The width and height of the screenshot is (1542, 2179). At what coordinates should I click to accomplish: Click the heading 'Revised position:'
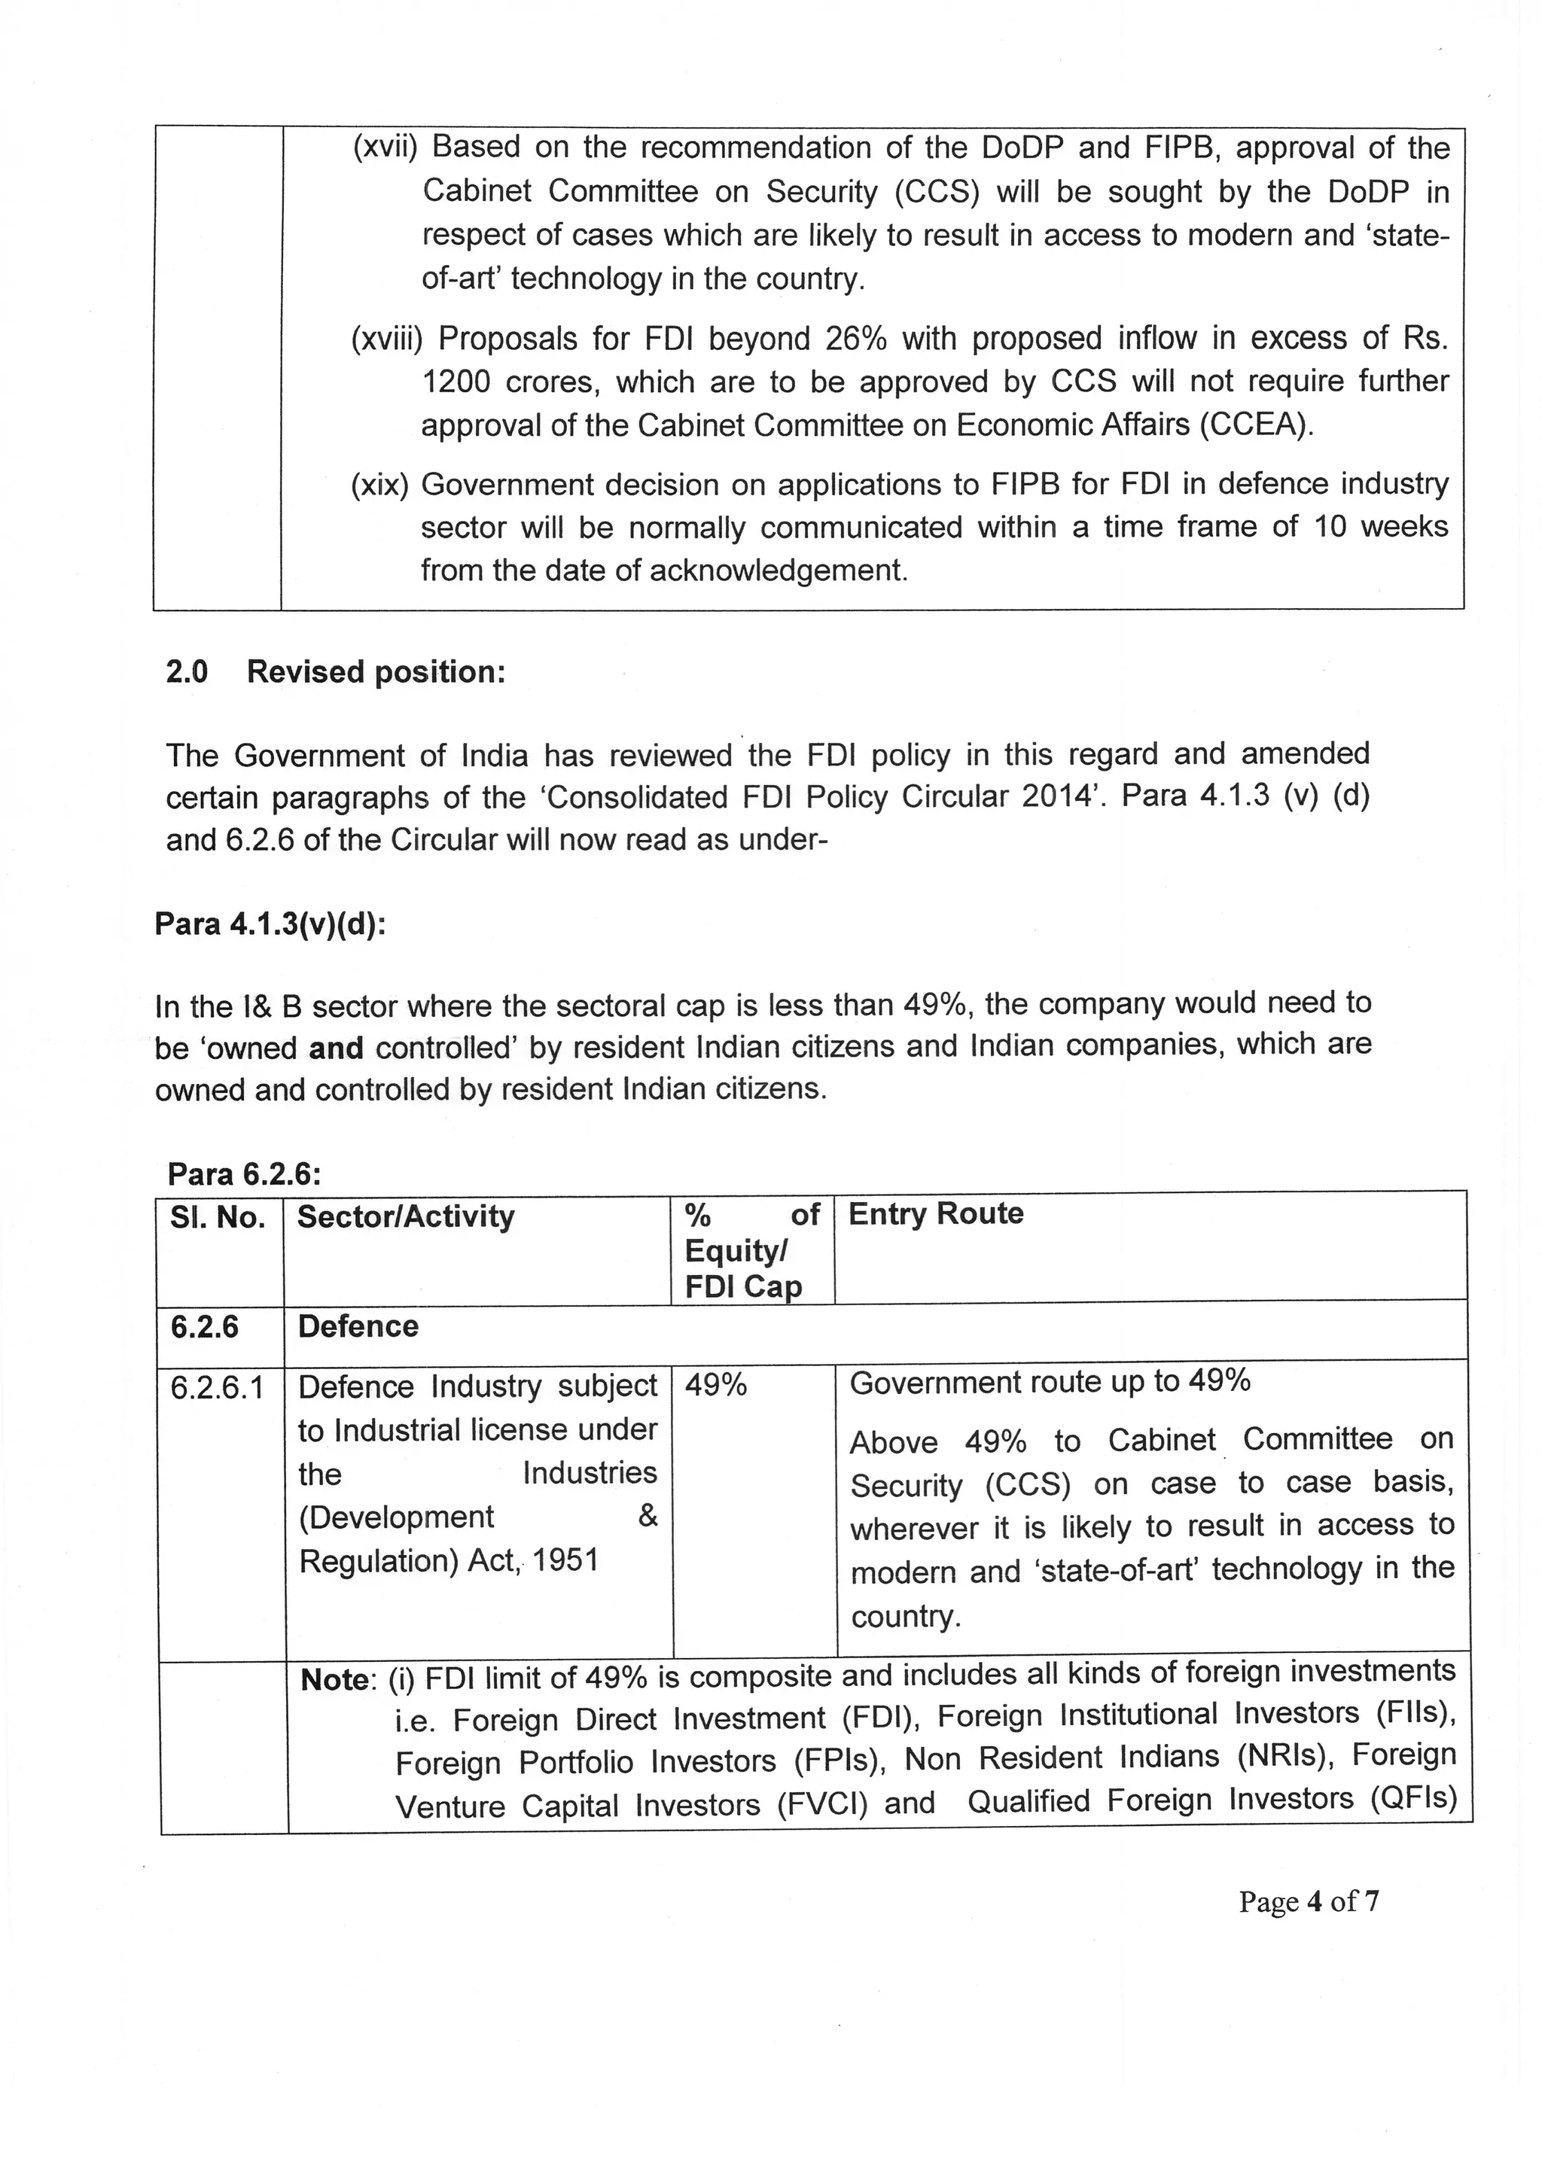pyautogui.click(x=376, y=672)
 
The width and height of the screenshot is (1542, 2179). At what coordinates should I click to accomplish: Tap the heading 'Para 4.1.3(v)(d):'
pyautogui.click(x=270, y=924)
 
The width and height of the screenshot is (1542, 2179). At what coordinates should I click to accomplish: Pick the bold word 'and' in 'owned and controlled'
pyautogui.click(x=336, y=1048)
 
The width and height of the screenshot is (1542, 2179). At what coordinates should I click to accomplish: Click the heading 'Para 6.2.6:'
pyautogui.click(x=244, y=1174)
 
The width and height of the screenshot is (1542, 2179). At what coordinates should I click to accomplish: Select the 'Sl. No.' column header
pyautogui.click(x=218, y=1218)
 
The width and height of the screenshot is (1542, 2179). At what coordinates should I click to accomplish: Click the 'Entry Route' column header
pyautogui.click(x=935, y=1214)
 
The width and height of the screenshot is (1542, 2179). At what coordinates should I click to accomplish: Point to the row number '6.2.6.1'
pyautogui.click(x=218, y=1387)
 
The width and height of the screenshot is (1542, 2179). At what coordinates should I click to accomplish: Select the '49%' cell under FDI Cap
pyautogui.click(x=716, y=1386)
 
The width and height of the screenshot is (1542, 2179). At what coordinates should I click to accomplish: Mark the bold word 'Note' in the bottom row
pyautogui.click(x=334, y=1680)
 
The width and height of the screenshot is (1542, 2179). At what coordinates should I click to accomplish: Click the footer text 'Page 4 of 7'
pyautogui.click(x=1309, y=1901)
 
